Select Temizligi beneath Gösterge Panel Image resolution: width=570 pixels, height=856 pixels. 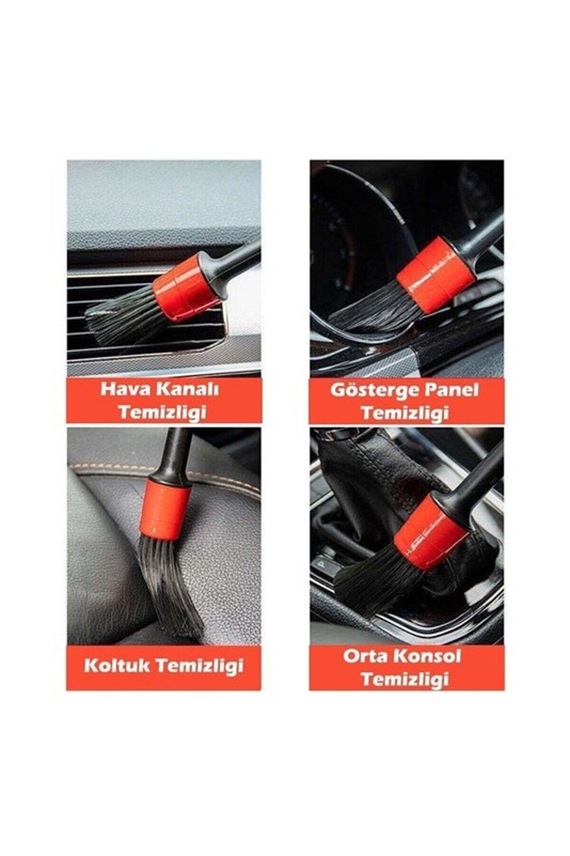click(405, 413)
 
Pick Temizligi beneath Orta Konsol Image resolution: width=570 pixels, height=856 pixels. click(405, 679)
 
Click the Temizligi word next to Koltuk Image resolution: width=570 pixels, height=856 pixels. click(200, 665)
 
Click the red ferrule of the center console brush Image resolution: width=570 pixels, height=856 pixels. click(431, 531)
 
